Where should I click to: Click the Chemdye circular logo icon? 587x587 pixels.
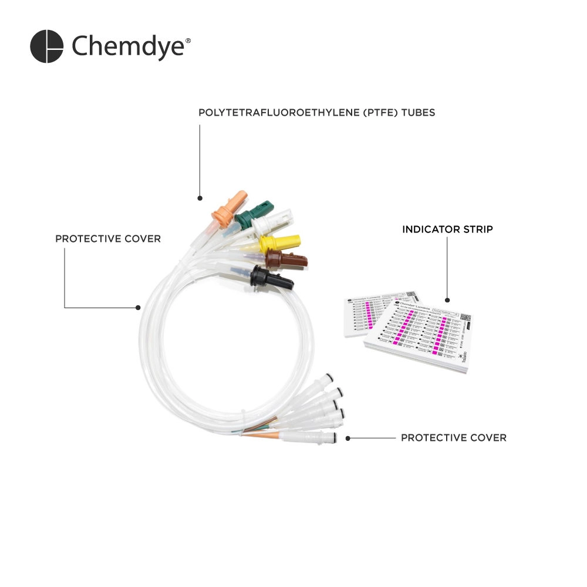pyautogui.click(x=46, y=46)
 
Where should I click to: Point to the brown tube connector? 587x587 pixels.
pyautogui.click(x=286, y=258)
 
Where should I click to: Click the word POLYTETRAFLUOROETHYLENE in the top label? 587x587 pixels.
pyautogui.click(x=271, y=112)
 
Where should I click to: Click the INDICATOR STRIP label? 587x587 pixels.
pyautogui.click(x=447, y=230)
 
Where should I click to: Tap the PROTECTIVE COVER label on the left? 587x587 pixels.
pyautogui.click(x=107, y=239)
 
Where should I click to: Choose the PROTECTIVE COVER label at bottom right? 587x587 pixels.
pyautogui.click(x=453, y=438)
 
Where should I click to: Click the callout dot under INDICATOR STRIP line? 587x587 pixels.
pyautogui.click(x=448, y=301)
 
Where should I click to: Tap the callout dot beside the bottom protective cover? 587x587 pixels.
pyautogui.click(x=348, y=438)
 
